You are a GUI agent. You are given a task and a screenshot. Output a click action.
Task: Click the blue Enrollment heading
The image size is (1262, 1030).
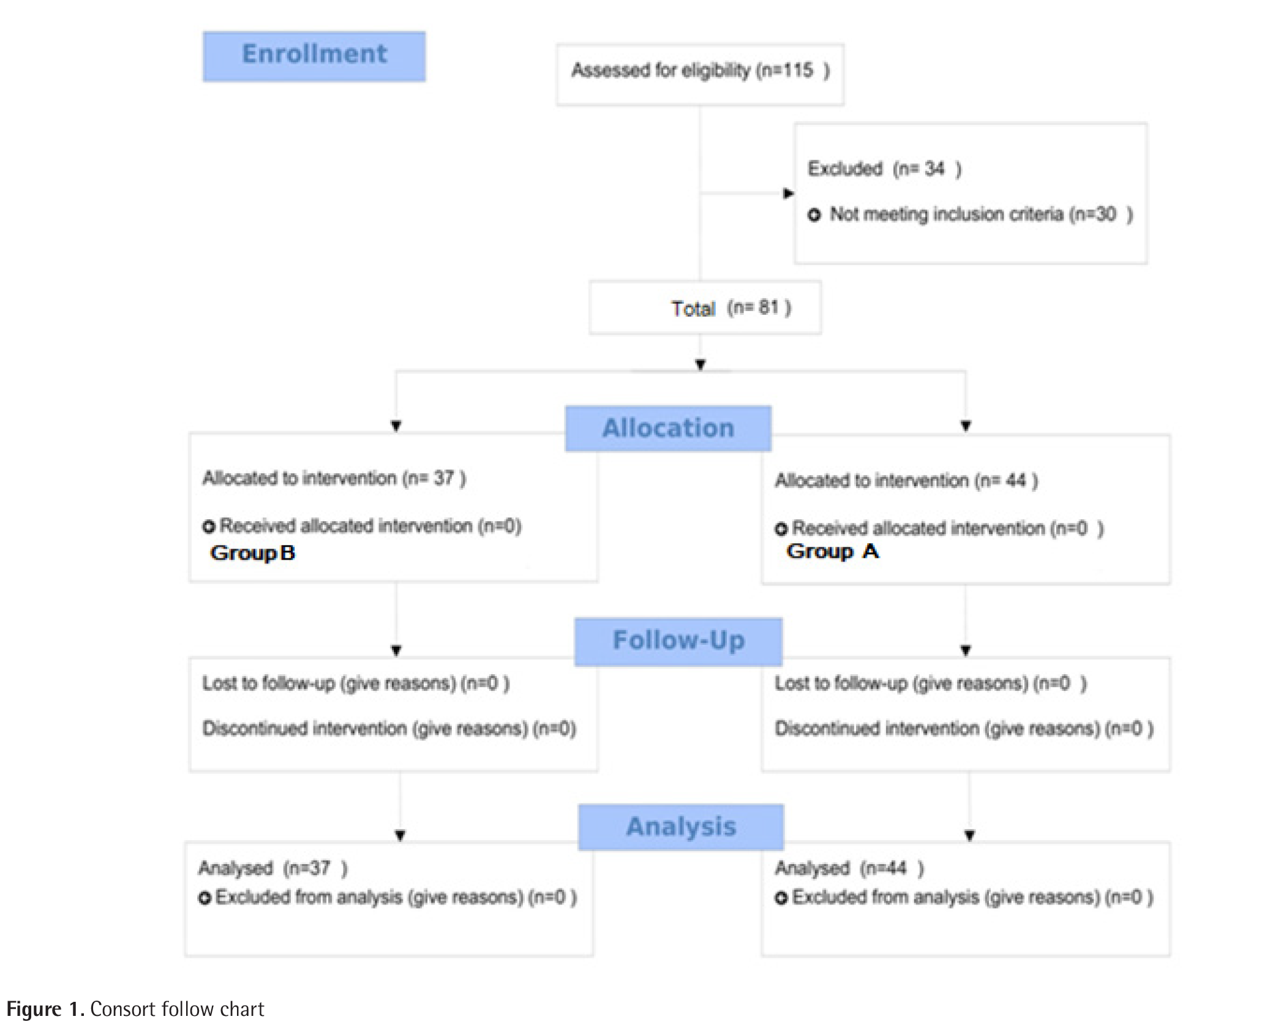pos(314,56)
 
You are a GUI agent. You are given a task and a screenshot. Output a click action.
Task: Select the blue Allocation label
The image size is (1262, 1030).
pos(667,428)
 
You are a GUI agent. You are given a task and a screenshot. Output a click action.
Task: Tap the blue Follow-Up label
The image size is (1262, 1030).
pos(678,641)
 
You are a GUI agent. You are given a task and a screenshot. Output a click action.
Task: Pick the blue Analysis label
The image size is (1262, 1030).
pos(680,827)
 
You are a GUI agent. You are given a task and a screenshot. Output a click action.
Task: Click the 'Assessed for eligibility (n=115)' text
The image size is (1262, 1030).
pos(700,71)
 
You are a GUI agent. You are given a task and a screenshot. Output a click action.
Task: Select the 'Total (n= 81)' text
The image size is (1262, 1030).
pos(731,308)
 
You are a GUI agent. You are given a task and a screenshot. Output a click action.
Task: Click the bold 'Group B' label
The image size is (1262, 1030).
pos(252,553)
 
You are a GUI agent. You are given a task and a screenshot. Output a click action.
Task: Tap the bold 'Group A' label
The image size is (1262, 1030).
pos(832,551)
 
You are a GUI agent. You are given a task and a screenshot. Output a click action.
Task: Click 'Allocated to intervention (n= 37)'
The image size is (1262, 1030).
pos(334,478)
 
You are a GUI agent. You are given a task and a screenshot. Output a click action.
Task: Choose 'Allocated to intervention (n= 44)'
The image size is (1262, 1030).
pos(906,481)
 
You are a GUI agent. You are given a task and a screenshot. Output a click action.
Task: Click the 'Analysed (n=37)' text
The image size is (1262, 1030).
pos(272,868)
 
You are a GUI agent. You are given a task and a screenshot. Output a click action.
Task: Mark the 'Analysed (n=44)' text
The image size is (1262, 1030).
pos(849,868)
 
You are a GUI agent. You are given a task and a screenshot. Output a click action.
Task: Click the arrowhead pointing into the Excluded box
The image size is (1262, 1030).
pos(789,194)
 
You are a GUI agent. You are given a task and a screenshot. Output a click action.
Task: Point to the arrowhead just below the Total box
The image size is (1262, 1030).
pos(700,364)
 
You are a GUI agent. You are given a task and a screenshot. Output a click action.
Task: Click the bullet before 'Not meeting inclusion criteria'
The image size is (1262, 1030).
pos(814,215)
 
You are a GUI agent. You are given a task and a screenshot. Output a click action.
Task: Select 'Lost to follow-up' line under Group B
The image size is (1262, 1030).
pos(355,683)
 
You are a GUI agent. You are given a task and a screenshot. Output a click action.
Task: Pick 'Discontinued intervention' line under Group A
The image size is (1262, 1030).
pos(963,729)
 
